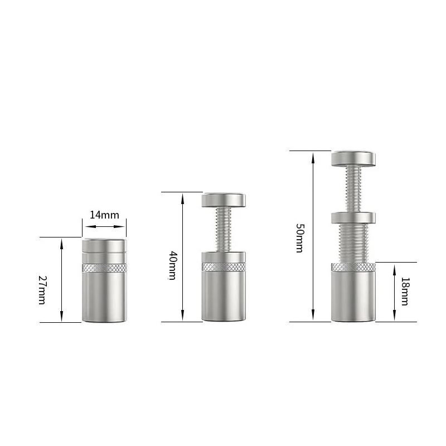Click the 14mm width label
[104, 215]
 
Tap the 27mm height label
[42, 290]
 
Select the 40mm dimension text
[172, 265]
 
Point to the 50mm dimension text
[299, 238]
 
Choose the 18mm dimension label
[404, 291]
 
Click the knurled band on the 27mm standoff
[104, 268]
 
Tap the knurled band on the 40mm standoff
[224, 267]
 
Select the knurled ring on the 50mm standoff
[353, 267]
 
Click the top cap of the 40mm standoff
[224, 200]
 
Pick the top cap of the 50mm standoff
[353, 158]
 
